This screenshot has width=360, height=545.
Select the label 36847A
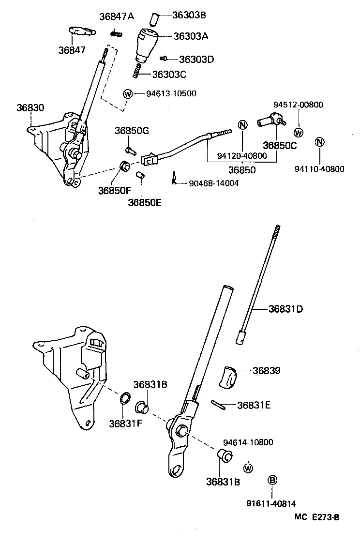point(116,16)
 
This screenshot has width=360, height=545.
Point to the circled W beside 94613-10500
point(128,94)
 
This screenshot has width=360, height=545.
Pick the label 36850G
point(132,131)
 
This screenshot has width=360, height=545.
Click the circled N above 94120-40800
point(243,124)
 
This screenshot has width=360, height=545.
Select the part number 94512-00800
point(298,105)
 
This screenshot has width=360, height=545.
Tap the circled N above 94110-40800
point(319,142)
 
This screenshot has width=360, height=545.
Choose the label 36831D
point(286,308)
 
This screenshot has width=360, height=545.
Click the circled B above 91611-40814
point(272,480)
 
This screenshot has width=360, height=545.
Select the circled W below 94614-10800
point(248,468)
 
